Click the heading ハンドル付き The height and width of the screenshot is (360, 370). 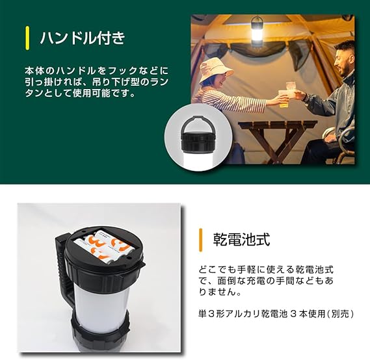coord(83,38)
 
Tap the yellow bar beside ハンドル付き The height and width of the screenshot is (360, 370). coord(27,38)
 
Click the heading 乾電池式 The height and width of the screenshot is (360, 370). coord(241,240)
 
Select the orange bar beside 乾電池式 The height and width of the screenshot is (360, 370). coord(201,240)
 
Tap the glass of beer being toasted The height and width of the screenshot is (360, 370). coord(284,99)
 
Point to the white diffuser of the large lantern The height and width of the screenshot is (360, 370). coord(101,307)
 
